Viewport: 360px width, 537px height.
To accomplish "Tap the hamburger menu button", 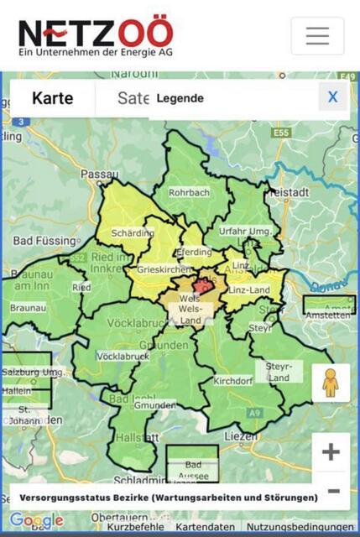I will point(317,35).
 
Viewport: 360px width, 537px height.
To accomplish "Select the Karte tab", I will point(52,98).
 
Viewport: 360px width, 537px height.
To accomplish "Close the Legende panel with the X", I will point(332,97).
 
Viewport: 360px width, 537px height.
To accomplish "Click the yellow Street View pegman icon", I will point(331,383).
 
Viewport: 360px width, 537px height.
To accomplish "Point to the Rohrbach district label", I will point(188,192).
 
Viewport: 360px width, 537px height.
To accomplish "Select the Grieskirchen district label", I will point(158,271).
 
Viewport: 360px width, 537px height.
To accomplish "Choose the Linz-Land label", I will point(248,290).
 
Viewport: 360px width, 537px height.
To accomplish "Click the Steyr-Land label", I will point(279,372).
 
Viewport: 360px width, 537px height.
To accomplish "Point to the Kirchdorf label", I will point(232,381).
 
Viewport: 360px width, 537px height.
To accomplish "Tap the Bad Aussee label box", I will point(192,469).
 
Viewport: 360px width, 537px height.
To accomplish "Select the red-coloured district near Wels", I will point(204,285).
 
